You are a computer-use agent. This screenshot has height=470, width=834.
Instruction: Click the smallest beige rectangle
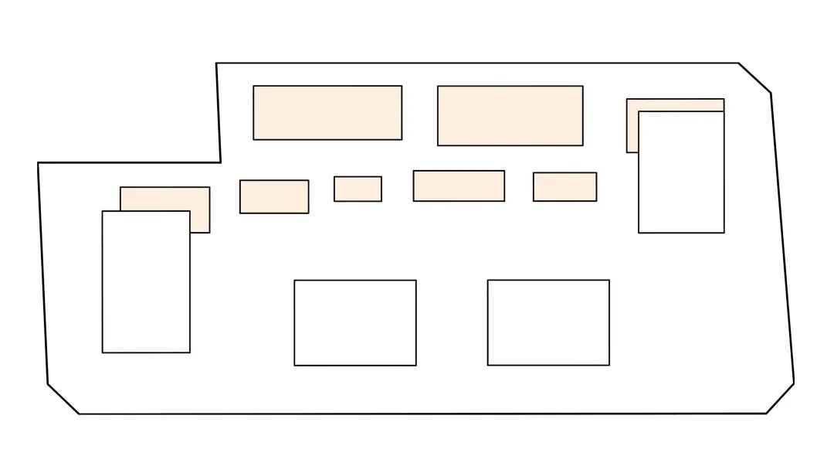[358, 189]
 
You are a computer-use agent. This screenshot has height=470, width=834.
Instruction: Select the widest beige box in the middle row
[459, 186]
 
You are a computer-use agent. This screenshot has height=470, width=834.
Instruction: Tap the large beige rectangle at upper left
[327, 113]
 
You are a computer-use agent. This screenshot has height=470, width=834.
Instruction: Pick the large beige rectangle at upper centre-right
[510, 115]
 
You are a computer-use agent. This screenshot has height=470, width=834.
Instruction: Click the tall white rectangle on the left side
[146, 281]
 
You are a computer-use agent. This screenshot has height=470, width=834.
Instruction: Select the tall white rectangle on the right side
[681, 172]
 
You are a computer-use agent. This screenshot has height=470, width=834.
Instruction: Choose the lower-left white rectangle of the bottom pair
[355, 322]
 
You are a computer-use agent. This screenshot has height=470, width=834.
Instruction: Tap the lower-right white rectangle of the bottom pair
[548, 322]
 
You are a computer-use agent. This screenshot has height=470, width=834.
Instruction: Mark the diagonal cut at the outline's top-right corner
[754, 78]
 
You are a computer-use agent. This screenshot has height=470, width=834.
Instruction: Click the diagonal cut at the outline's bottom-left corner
[63, 399]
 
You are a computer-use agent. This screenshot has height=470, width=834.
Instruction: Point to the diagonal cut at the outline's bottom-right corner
[780, 398]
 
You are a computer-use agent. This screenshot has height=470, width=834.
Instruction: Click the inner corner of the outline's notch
[221, 162]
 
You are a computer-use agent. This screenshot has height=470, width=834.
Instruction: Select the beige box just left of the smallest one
[274, 196]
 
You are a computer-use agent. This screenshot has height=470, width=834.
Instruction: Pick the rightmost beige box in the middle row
[564, 186]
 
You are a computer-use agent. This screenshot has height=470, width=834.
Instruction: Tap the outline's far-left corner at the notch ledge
[38, 163]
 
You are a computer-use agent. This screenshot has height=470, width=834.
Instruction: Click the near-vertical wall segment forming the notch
[219, 113]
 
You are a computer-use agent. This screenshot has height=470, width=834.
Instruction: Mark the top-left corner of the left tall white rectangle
[103, 211]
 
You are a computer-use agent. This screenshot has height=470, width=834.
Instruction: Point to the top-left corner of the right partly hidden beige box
[627, 99]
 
